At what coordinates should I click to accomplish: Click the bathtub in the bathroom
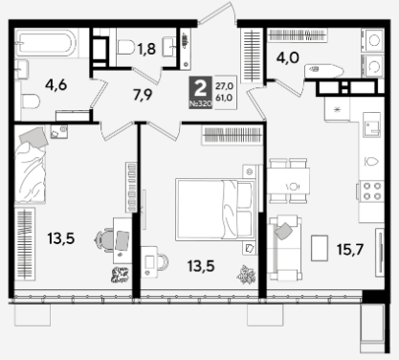[46, 43]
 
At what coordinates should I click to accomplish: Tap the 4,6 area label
[55, 85]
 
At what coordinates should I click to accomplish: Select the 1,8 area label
[146, 49]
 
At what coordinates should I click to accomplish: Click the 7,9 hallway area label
[143, 95]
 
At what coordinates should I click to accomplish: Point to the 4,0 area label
[288, 58]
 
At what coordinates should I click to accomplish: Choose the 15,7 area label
[350, 249]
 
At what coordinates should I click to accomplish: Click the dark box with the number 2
[200, 93]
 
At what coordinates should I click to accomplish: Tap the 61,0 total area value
[224, 99]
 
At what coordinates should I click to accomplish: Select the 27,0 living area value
[224, 86]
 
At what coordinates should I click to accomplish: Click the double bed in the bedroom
[215, 210]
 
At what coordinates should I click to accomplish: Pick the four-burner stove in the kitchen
[371, 191]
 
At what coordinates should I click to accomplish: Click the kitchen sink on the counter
[372, 124]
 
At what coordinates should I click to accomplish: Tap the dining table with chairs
[288, 181]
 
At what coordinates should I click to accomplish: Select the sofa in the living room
[284, 248]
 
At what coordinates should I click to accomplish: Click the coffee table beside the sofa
[320, 248]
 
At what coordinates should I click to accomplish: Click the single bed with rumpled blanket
[31, 165]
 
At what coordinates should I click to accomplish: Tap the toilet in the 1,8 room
[125, 47]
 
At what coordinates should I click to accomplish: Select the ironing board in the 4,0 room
[323, 71]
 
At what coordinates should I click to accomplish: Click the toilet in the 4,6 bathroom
[30, 101]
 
